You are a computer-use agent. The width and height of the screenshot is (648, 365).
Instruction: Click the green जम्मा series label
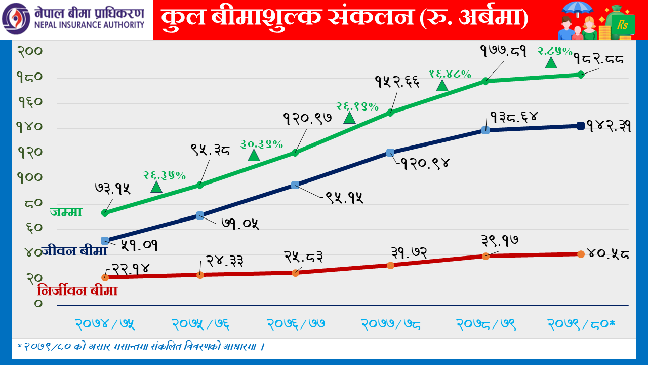point(66,212)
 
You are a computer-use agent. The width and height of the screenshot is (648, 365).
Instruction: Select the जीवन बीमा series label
point(74,250)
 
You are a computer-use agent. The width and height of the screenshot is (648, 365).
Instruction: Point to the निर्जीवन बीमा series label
point(77,291)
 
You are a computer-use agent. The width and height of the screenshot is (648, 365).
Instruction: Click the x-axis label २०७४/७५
point(105,323)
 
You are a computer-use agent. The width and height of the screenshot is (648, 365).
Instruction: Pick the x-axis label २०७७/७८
point(391,323)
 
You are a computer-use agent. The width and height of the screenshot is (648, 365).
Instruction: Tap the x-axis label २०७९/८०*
point(582,323)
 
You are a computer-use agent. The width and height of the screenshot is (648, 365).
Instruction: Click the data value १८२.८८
point(598,59)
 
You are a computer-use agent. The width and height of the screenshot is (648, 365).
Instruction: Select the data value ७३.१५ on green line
point(112,189)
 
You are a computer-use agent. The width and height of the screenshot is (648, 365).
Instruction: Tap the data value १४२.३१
point(609,127)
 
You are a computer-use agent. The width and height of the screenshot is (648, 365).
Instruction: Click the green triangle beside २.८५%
point(551,63)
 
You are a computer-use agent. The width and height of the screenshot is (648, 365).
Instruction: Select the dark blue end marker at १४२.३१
point(581,126)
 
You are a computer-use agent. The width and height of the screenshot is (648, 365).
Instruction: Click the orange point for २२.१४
point(105,277)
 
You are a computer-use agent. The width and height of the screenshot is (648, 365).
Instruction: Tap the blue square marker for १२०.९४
point(390,153)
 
